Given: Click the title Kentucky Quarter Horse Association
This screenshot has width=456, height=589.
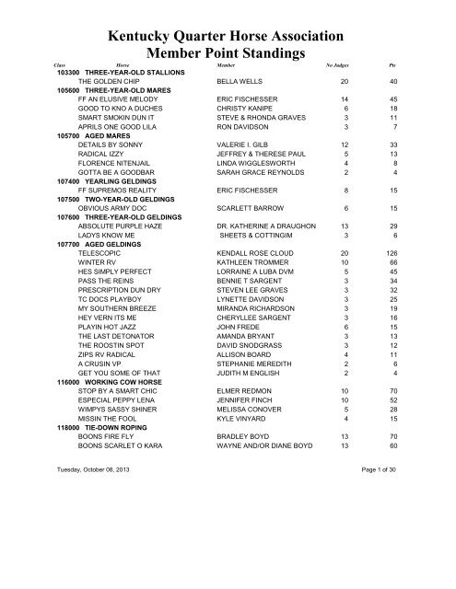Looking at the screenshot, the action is point(227,37).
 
